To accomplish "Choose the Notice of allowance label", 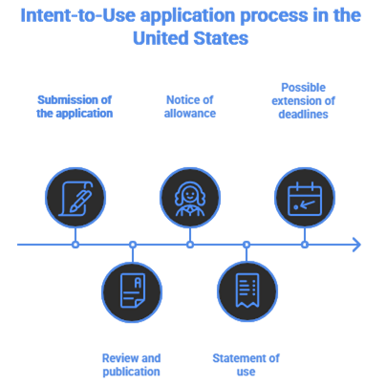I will pos(189,105).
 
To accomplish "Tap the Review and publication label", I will pos(132,364).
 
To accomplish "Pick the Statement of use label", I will pos(247,364).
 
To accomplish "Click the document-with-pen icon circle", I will pos(75,198).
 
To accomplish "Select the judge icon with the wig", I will pos(189,198).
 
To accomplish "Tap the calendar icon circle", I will pos(305,198).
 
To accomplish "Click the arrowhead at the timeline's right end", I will pos(357,245).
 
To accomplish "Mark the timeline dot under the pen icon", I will pos(75,245).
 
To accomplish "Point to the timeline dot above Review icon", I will pos(133,245).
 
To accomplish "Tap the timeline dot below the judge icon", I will pos(189,245).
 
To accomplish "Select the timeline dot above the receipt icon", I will pos(247,245).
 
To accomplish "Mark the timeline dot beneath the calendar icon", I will pos(305,245).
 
